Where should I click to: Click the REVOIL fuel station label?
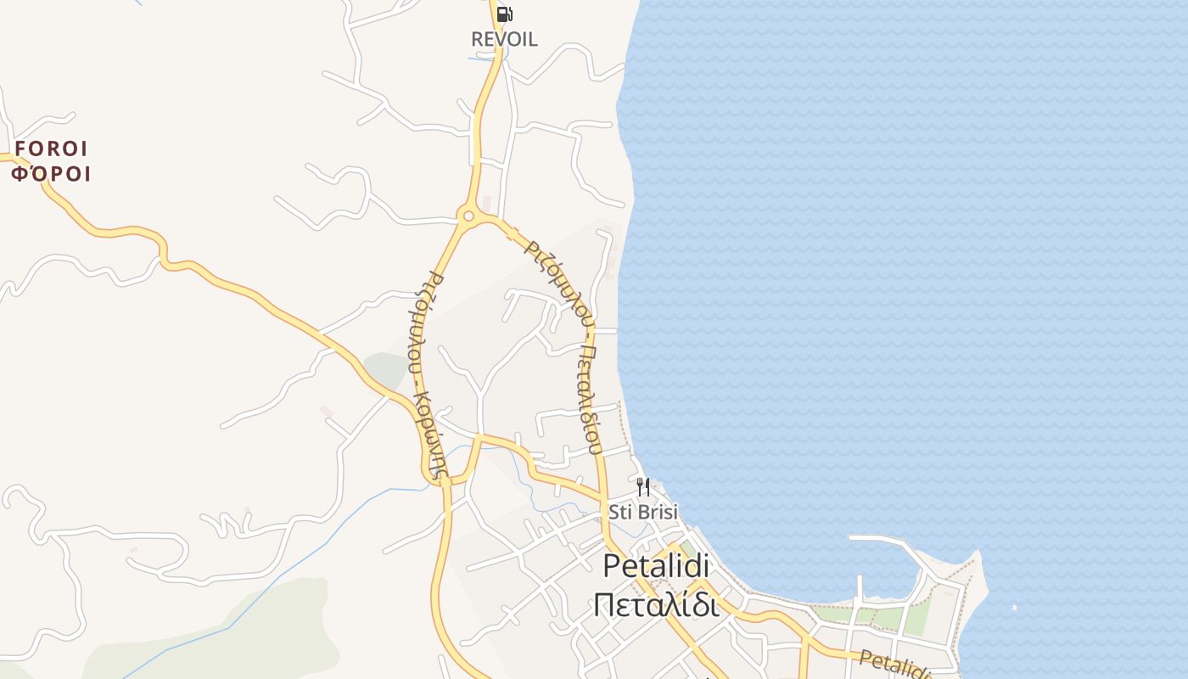pyautogui.click(x=504, y=39)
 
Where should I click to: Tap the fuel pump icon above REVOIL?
pyautogui.click(x=504, y=14)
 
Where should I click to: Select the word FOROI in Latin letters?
pyautogui.click(x=52, y=149)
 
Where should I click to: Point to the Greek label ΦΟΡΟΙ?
pyautogui.click(x=51, y=175)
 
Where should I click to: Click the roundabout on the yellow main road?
pyautogui.click(x=468, y=216)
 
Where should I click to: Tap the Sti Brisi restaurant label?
pyautogui.click(x=643, y=512)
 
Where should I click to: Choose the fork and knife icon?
pyautogui.click(x=643, y=487)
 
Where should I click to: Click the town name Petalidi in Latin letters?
pyautogui.click(x=656, y=566)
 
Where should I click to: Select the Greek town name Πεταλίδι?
pyautogui.click(x=656, y=605)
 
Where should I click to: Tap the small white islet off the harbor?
pyautogui.click(x=1015, y=608)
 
